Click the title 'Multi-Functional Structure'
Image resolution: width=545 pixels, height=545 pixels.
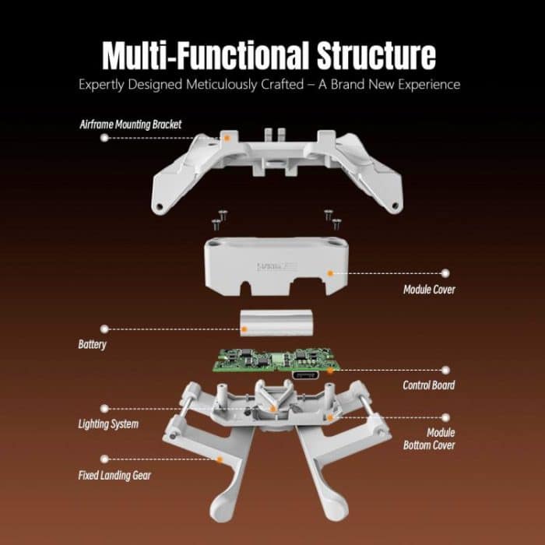(269, 56)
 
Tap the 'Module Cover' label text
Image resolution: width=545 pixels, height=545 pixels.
(428, 290)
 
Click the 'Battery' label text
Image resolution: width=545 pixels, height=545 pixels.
(92, 343)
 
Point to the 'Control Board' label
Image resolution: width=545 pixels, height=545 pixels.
(428, 385)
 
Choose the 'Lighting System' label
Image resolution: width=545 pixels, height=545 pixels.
(108, 424)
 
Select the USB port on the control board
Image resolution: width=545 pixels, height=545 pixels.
(306, 376)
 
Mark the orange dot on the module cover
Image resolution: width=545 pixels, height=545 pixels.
(330, 273)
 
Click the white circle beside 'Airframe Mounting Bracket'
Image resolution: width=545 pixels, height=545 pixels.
(104, 138)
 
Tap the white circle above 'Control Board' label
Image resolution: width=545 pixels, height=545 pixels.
(445, 370)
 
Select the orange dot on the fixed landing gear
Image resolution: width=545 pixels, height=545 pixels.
(220, 459)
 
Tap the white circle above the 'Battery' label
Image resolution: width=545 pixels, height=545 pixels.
(104, 329)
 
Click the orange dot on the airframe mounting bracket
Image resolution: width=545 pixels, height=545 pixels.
(227, 137)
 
